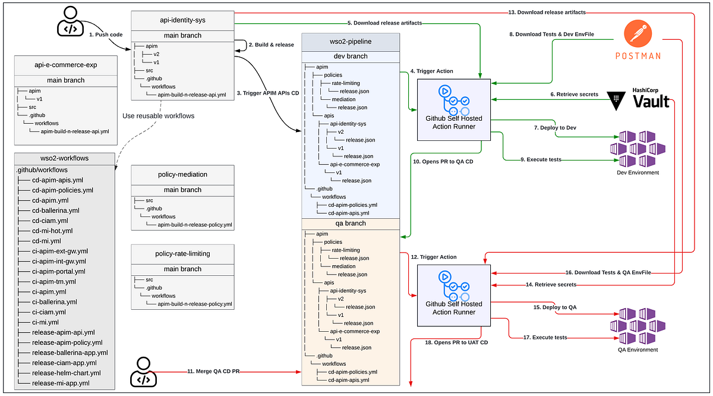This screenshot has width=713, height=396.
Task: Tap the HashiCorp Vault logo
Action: tap(639, 98)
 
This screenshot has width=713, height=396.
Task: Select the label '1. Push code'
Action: tap(106, 35)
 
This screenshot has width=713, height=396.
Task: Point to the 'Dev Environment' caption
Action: tap(638, 172)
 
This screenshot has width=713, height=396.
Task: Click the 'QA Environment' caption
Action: tap(638, 350)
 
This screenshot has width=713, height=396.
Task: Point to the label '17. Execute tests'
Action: tap(545, 337)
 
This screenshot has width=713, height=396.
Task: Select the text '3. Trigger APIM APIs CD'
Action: tap(268, 93)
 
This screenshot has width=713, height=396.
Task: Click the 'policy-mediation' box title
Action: tap(182, 175)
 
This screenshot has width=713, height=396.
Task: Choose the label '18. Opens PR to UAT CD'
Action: tap(456, 342)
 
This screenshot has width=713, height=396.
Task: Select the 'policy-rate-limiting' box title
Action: tap(182, 253)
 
